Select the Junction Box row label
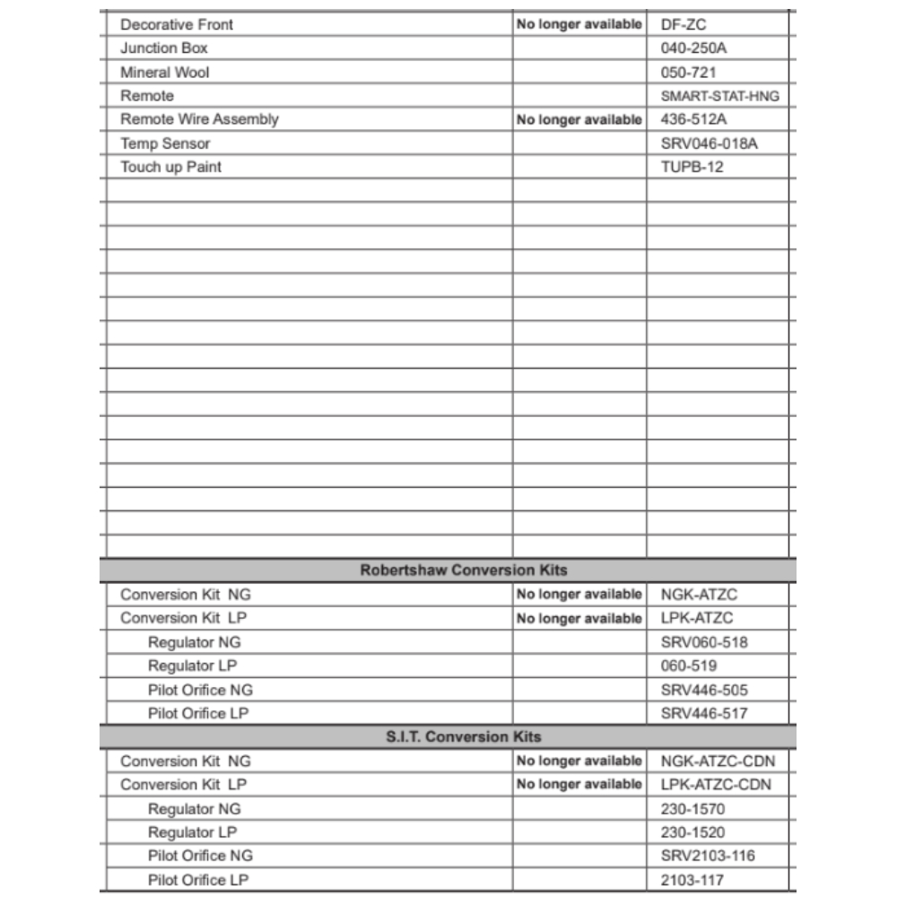(164, 48)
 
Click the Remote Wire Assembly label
(199, 119)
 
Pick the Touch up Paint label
(170, 167)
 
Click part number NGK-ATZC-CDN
(718, 762)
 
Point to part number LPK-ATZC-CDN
(716, 785)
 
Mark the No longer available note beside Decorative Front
(579, 24)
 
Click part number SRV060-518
(704, 642)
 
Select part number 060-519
(688, 666)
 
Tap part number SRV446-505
(704, 690)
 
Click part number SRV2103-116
(708, 857)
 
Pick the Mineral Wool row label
(164, 72)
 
